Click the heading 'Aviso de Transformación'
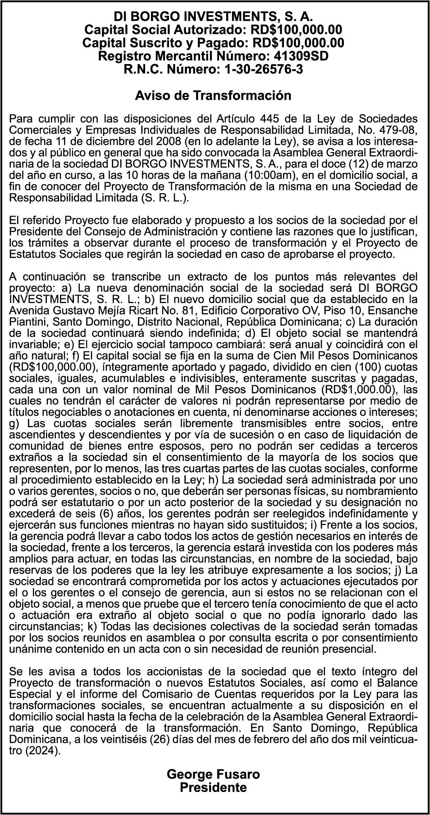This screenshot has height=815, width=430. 213,96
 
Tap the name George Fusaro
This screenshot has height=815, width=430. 213,774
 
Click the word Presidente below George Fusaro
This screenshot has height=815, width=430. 213,788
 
